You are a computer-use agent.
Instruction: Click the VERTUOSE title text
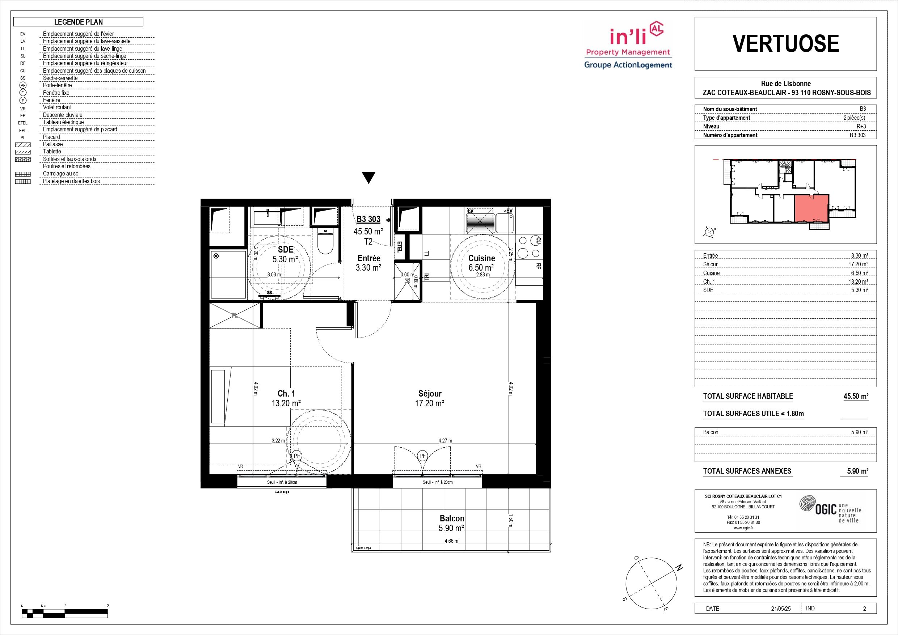point(785,43)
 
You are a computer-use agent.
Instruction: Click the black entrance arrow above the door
point(369,178)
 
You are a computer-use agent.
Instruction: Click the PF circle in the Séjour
point(422,456)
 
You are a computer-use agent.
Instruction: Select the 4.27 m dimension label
point(445,440)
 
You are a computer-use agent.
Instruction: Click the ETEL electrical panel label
point(400,247)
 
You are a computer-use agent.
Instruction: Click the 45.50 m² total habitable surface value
point(856,396)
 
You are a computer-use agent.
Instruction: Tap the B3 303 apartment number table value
point(858,135)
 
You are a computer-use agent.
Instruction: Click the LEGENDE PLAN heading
point(79,22)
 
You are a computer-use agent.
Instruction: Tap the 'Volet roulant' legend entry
point(57,107)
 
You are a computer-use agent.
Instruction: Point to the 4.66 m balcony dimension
point(451,541)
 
